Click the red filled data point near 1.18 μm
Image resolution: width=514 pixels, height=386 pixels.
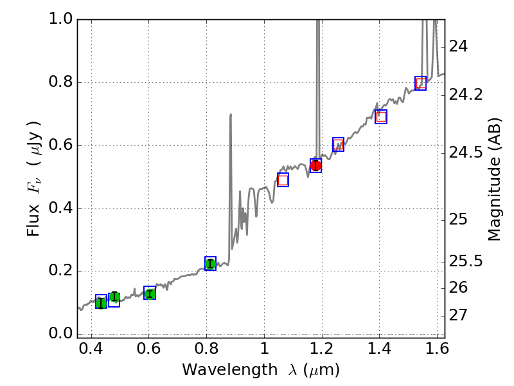point(315,165)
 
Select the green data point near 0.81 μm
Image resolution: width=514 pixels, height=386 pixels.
point(210,263)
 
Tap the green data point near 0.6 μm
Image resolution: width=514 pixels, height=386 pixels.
point(150,293)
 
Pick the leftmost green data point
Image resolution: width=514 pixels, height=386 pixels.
point(101,302)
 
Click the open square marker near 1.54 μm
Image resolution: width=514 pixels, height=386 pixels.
point(421,83)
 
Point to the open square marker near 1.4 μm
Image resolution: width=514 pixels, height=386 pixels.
point(381,116)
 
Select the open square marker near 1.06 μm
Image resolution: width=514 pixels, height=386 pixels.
point(283,179)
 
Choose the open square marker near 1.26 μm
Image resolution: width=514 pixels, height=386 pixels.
point(339,144)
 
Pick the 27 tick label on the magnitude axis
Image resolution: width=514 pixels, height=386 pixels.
point(459,315)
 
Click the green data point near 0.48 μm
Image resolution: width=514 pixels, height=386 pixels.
point(114,297)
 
